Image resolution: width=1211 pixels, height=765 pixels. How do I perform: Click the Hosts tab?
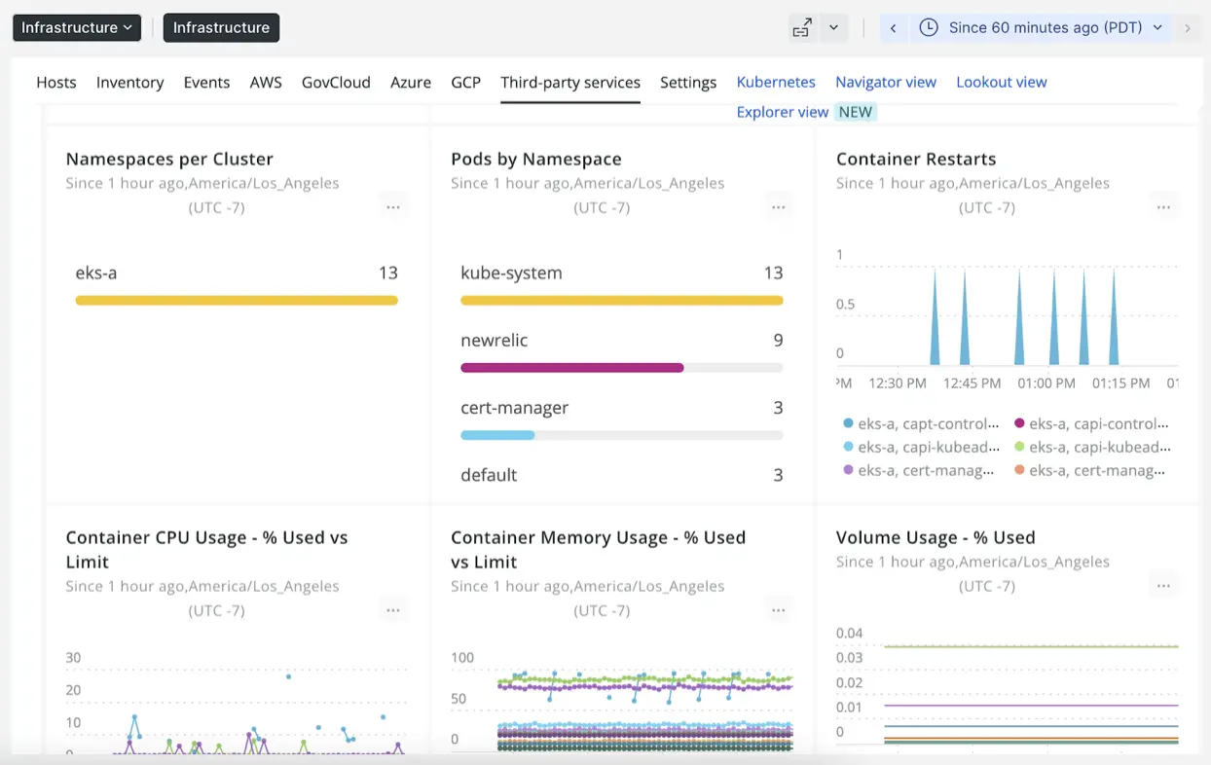pos(56,83)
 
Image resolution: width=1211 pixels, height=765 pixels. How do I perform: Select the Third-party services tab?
pos(570,83)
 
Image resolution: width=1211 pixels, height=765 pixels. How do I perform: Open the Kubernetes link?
pos(776,83)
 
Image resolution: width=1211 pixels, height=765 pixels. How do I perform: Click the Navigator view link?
pos(886,83)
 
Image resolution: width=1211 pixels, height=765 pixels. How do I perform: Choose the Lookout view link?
pos(1001,83)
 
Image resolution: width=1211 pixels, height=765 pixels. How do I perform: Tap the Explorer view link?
pos(783,112)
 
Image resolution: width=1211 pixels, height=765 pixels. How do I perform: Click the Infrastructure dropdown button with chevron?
pos(77,28)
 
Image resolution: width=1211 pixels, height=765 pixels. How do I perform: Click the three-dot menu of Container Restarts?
pos(1163,207)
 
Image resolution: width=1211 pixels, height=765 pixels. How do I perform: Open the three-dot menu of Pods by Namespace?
pos(778,207)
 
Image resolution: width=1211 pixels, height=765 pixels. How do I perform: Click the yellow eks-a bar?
pos(237,301)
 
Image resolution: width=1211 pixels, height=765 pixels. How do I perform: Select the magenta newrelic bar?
pos(572,368)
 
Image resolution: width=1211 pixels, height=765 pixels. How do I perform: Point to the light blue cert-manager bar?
pos(497,435)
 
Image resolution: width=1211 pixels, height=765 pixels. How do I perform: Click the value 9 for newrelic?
pos(778,341)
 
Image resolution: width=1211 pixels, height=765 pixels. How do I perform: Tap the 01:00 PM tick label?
pos(1046,383)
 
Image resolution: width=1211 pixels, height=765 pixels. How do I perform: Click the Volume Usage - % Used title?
pos(936,538)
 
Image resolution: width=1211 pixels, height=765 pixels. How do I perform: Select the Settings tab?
pos(688,83)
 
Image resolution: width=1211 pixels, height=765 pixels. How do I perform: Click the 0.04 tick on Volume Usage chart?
pos(849,634)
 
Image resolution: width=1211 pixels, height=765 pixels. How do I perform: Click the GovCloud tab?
pos(336,83)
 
